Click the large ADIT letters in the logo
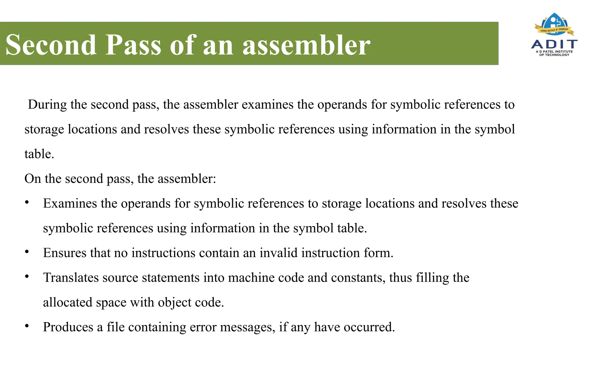(554, 44)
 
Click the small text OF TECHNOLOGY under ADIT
(554, 55)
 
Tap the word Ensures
(65, 253)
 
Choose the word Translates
(71, 278)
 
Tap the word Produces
(68, 327)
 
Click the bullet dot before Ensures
(27, 252)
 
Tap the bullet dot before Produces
(27, 326)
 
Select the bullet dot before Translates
(27, 277)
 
